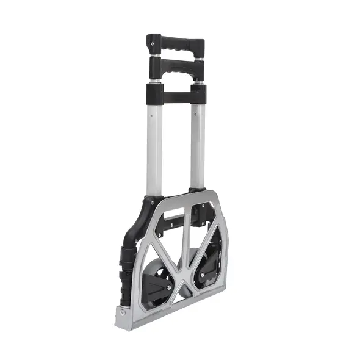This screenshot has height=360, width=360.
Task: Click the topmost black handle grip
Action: [x=176, y=46]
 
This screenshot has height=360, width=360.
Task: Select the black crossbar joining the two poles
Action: [x=176, y=95]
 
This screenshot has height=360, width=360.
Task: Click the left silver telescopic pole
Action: [x=154, y=146]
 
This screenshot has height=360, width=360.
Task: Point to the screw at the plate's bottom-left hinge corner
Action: [x=123, y=312]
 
